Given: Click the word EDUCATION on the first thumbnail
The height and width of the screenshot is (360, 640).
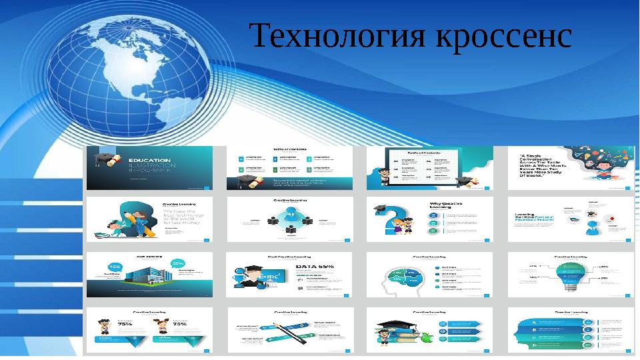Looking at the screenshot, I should pos(147,161).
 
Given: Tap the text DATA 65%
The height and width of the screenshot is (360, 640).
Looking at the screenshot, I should pos(316,266).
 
